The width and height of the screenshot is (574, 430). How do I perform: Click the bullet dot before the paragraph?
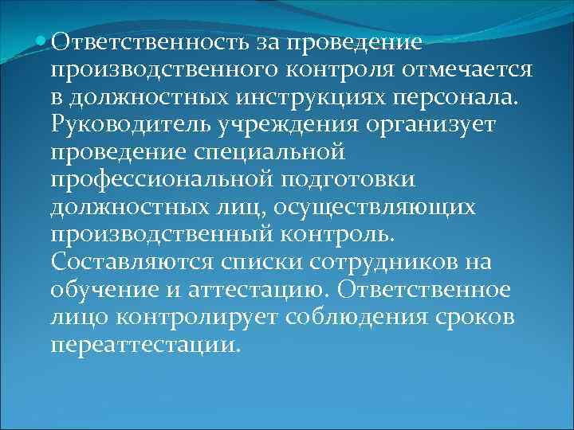pyautogui.click(x=41, y=40)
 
